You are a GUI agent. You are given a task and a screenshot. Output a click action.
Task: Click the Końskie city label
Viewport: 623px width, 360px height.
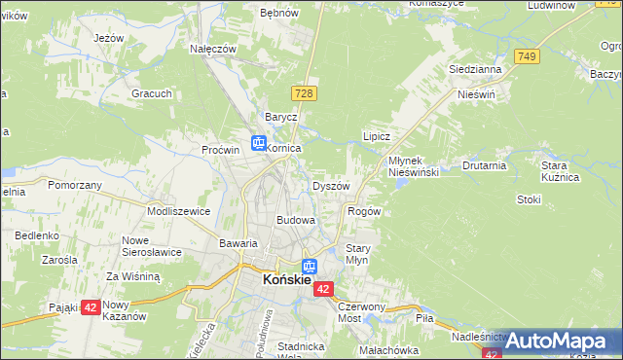(286, 280)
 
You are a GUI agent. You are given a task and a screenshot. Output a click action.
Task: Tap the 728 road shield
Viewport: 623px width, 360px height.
(304, 92)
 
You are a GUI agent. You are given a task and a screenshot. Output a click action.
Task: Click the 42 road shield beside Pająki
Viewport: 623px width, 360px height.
(90, 306)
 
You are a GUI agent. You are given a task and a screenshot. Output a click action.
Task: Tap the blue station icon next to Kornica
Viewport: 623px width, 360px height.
(258, 143)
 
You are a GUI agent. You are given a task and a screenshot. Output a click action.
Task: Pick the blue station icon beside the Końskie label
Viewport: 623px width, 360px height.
(309, 266)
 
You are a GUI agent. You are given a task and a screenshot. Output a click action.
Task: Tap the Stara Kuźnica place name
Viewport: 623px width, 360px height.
(560, 171)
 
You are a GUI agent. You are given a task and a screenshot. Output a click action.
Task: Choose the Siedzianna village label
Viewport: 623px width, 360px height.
(475, 70)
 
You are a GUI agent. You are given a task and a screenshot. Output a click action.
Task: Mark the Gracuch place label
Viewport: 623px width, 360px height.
(153, 93)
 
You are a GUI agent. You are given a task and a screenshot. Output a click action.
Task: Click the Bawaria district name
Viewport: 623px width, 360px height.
(238, 243)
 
